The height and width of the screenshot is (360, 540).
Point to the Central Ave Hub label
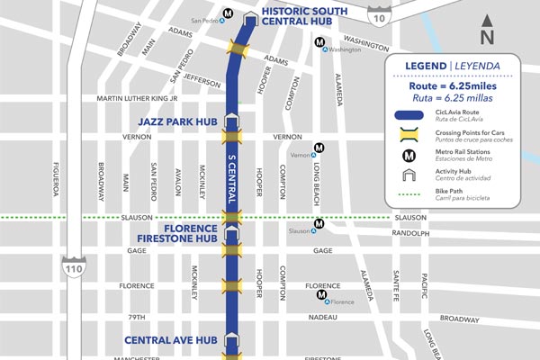point(170,340)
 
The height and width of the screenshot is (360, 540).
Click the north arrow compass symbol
point(487,31)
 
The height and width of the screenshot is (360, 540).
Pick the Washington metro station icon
point(319,41)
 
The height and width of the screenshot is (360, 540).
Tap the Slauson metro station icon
point(318,224)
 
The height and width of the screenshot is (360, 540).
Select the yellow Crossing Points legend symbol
point(409,135)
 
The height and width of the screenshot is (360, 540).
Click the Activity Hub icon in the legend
point(409,175)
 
